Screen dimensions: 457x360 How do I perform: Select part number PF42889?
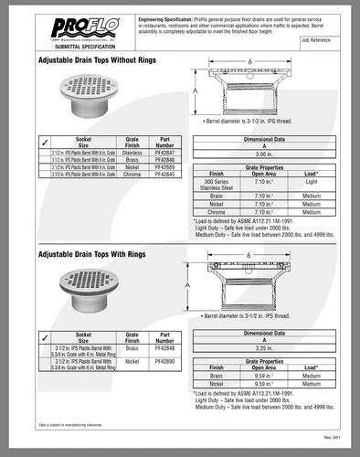coord(164,167)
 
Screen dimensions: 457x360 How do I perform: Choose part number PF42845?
coord(164,175)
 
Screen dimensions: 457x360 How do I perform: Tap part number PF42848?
coord(164,348)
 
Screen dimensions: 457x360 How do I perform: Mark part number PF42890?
coord(164,362)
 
